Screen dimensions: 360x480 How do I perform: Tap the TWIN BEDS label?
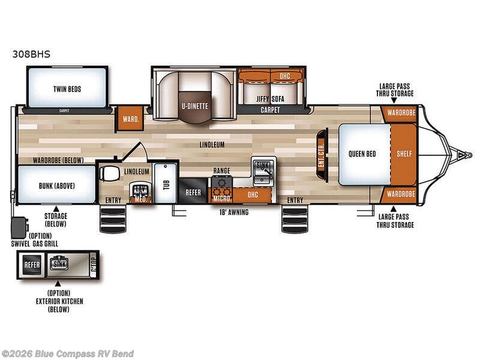click(67, 89)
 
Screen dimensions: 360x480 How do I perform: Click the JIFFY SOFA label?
click(270, 98)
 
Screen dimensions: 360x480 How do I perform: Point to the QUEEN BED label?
click(362, 154)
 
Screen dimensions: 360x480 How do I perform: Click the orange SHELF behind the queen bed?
click(404, 154)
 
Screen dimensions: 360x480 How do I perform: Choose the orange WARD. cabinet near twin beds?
click(130, 118)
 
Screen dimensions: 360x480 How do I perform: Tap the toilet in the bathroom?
click(110, 173)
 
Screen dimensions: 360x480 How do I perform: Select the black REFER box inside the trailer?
click(193, 193)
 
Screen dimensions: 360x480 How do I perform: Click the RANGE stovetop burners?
click(221, 182)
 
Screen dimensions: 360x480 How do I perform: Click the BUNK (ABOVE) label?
click(56, 185)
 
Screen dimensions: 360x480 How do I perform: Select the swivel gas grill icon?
click(19, 227)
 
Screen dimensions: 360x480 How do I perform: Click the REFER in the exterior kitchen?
click(31, 264)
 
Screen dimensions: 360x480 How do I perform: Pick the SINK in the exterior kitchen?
click(61, 264)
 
